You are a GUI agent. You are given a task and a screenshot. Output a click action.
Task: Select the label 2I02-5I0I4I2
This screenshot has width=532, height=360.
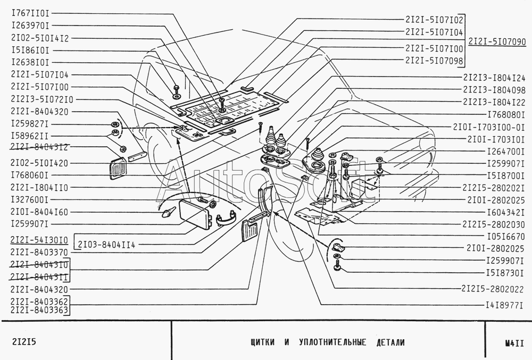click(x=39, y=38)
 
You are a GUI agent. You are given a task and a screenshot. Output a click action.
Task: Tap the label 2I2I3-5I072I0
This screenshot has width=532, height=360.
click(x=42, y=99)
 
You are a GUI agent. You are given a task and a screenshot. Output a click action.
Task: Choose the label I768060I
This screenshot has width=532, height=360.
click(x=30, y=174)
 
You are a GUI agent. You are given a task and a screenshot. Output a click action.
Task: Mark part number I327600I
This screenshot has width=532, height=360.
click(x=30, y=199)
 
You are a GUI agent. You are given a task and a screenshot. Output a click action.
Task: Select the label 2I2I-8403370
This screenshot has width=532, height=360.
click(x=39, y=252)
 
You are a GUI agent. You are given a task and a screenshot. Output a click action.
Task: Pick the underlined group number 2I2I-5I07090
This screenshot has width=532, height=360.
click(x=496, y=41)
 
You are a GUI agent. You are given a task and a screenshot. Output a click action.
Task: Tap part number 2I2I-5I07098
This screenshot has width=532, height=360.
click(x=434, y=60)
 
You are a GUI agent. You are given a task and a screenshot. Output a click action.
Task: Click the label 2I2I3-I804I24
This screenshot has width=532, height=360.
click(x=494, y=77)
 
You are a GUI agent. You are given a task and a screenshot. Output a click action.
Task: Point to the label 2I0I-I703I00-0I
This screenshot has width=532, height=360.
click(x=489, y=128)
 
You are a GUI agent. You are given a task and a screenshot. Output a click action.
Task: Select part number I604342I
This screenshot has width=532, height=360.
click(x=502, y=211)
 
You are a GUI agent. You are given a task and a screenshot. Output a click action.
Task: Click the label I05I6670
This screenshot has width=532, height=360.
click(x=502, y=236)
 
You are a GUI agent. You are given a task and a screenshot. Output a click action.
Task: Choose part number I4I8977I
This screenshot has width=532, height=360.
click(x=502, y=305)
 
